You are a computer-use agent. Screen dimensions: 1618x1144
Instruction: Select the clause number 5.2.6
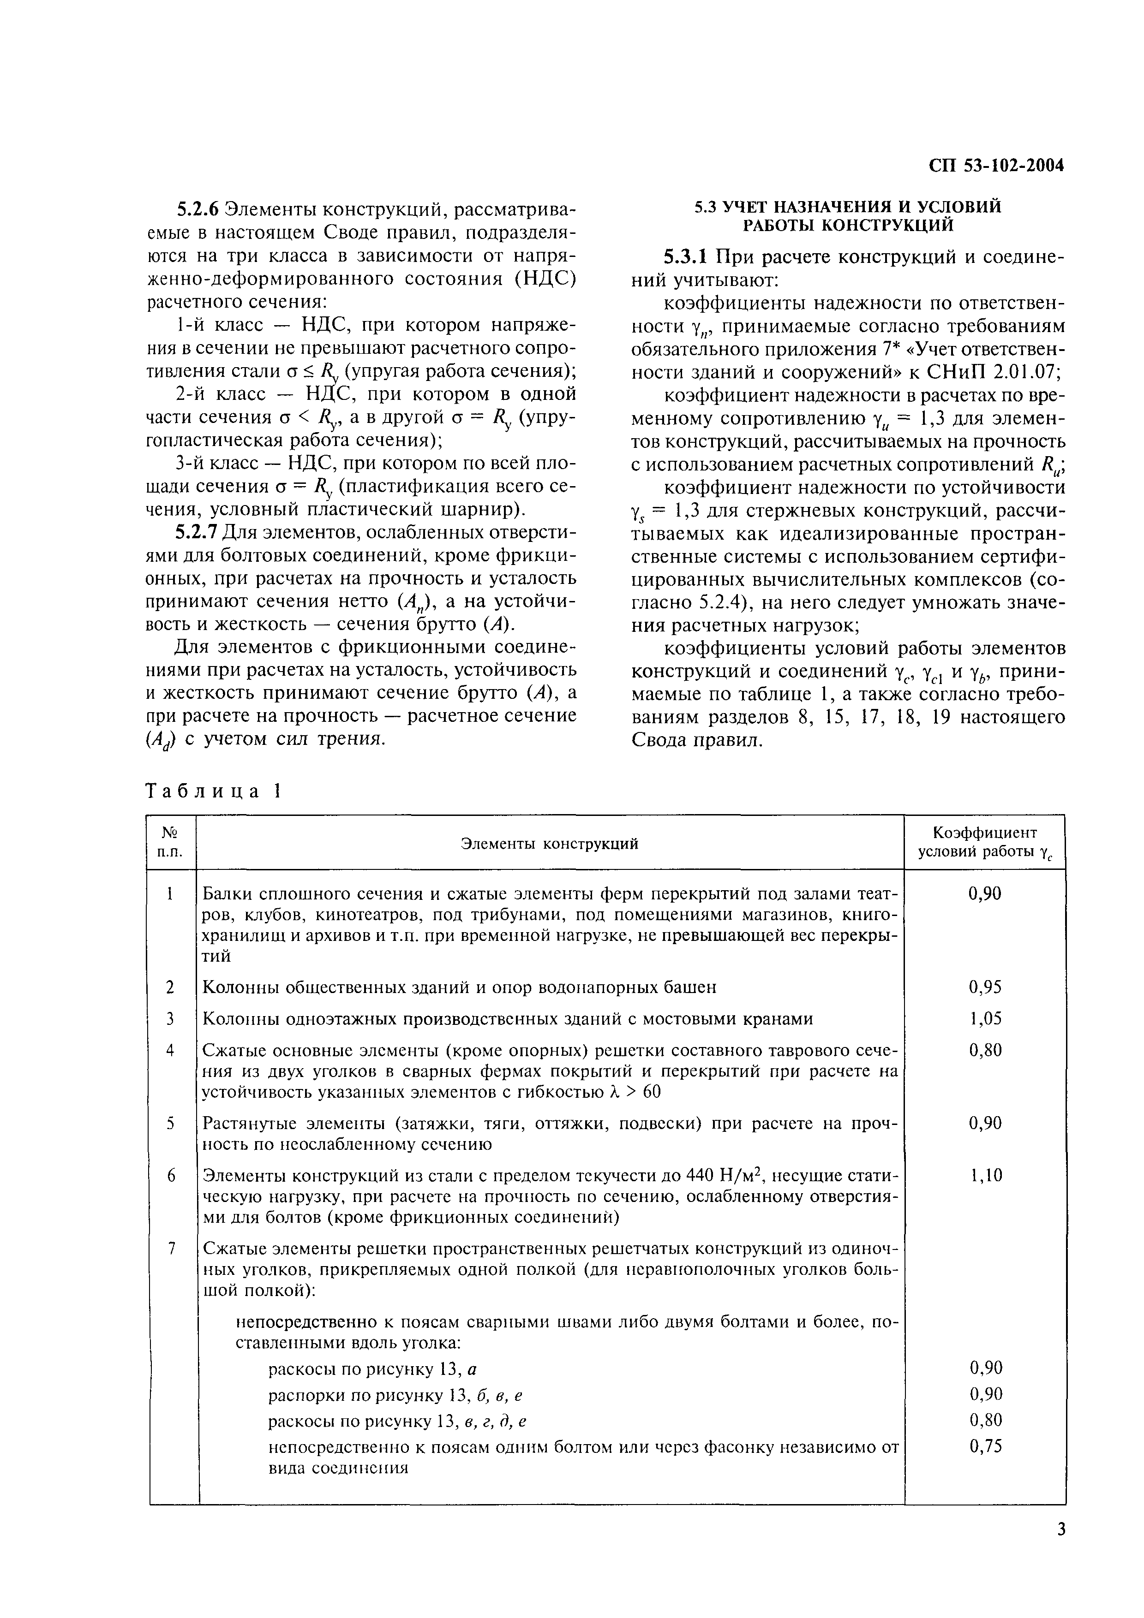click(x=199, y=208)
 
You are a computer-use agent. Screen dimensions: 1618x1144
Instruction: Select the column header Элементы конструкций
click(x=549, y=843)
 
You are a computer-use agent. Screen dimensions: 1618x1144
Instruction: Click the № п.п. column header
click(x=170, y=843)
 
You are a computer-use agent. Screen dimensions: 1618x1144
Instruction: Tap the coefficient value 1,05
click(x=985, y=1018)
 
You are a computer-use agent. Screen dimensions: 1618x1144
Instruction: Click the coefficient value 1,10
click(x=985, y=1175)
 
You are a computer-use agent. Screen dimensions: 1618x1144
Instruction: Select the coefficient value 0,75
click(x=985, y=1447)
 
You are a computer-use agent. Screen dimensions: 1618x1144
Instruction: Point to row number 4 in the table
click(x=170, y=1050)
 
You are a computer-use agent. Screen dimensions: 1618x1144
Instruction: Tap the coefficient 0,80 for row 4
click(x=985, y=1050)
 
